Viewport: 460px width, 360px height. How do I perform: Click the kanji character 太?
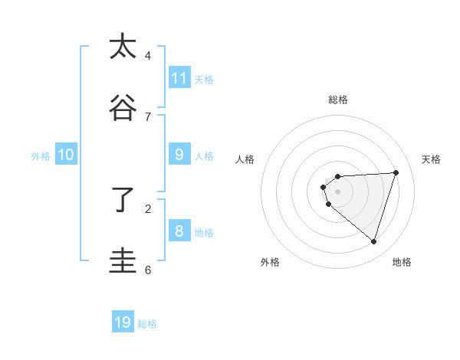[x=123, y=47]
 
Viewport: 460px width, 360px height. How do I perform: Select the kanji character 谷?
[x=123, y=108]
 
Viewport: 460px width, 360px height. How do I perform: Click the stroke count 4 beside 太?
[x=148, y=55]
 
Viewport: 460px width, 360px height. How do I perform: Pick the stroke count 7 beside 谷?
[x=148, y=116]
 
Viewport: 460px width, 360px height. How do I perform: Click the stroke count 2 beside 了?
[x=148, y=208]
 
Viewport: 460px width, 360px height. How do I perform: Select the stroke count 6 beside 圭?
[x=148, y=270]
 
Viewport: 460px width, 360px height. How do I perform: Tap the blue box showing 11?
[x=179, y=78]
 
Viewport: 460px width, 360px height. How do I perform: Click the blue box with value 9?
[x=179, y=155]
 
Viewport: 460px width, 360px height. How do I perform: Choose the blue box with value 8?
[x=179, y=231]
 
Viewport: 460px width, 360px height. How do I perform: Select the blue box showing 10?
[x=66, y=155]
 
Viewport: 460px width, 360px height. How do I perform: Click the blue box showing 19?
[x=123, y=322]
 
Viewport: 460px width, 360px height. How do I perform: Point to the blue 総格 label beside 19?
[x=147, y=324]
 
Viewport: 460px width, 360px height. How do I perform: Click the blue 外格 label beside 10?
[x=41, y=156]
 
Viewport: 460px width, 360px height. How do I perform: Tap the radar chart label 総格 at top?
[x=337, y=100]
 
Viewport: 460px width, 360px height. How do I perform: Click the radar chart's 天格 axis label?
[x=431, y=159]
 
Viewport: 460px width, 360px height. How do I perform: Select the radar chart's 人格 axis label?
[x=245, y=159]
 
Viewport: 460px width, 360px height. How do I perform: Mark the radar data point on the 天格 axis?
[x=396, y=172]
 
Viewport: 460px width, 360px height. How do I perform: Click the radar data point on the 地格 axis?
[x=373, y=241]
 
